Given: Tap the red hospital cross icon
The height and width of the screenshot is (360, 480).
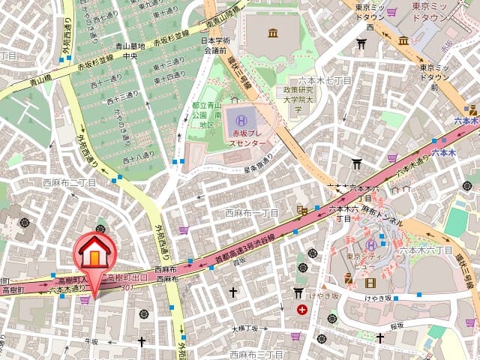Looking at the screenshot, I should coord(301,309).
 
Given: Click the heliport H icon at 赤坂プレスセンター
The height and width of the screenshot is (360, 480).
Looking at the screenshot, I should coord(241,120).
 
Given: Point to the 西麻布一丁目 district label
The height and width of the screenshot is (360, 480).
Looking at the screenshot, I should coord(252,213).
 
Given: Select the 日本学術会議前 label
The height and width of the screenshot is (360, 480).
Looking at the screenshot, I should coord(218,46).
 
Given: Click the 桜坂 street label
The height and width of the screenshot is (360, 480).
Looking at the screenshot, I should coord(397,325).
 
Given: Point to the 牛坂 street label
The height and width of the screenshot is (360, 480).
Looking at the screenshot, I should coord(91,341).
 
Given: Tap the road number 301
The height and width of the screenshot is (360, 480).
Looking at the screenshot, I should coord(126,287).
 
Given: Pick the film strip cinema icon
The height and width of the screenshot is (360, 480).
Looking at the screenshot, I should coord(370,283).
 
